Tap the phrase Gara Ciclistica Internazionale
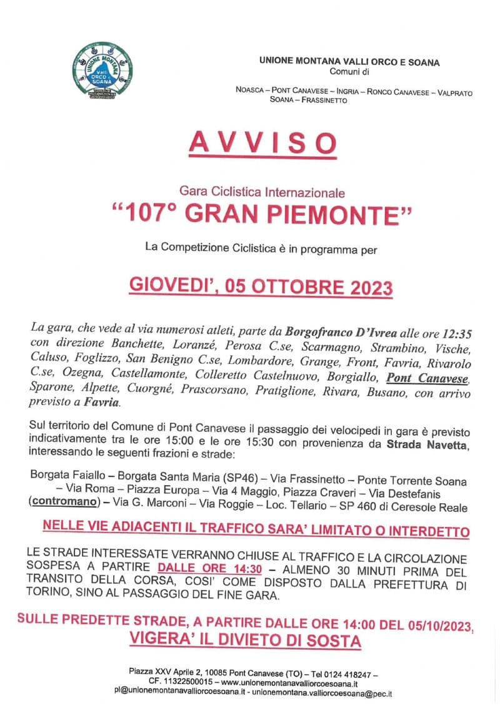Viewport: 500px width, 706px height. click(262, 194)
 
